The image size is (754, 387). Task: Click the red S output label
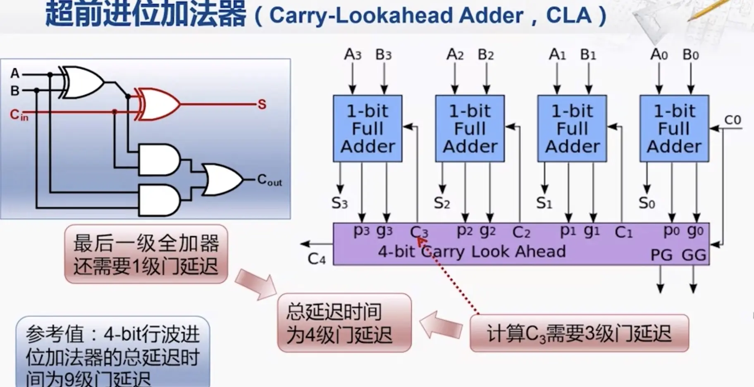[x=262, y=104]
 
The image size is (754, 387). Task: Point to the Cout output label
[x=269, y=180]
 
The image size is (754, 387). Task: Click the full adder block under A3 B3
[x=367, y=129]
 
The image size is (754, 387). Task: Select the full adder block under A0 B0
[x=674, y=129]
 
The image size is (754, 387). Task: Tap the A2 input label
[x=455, y=55]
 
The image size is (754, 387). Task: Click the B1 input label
[x=588, y=55]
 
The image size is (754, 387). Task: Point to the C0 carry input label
[x=733, y=120]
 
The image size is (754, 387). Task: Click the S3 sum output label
[x=339, y=203]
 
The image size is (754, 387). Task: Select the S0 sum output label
[x=647, y=203]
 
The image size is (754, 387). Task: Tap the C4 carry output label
[x=317, y=259]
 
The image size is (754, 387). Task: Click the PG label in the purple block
[x=661, y=255]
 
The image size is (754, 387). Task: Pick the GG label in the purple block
[x=694, y=255]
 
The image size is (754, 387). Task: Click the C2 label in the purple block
[x=521, y=232]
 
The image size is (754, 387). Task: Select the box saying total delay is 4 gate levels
[x=344, y=323]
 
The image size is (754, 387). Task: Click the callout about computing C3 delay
[x=579, y=333]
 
